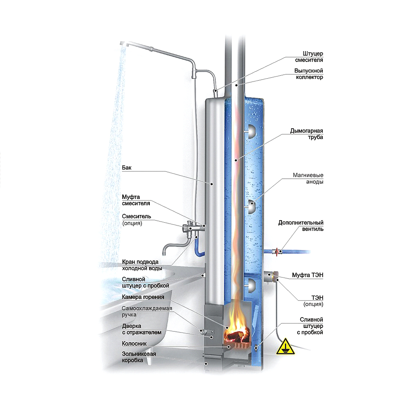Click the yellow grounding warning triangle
(285, 347)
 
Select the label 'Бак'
(127, 168)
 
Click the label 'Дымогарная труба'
(306, 134)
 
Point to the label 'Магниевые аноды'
(308, 178)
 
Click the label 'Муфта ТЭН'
(307, 275)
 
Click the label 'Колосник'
(134, 344)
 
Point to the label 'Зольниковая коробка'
(139, 357)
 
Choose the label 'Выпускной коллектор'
(308, 74)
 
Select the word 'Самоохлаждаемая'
(147, 308)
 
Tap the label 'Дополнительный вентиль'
(301, 226)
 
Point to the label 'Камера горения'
(143, 297)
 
